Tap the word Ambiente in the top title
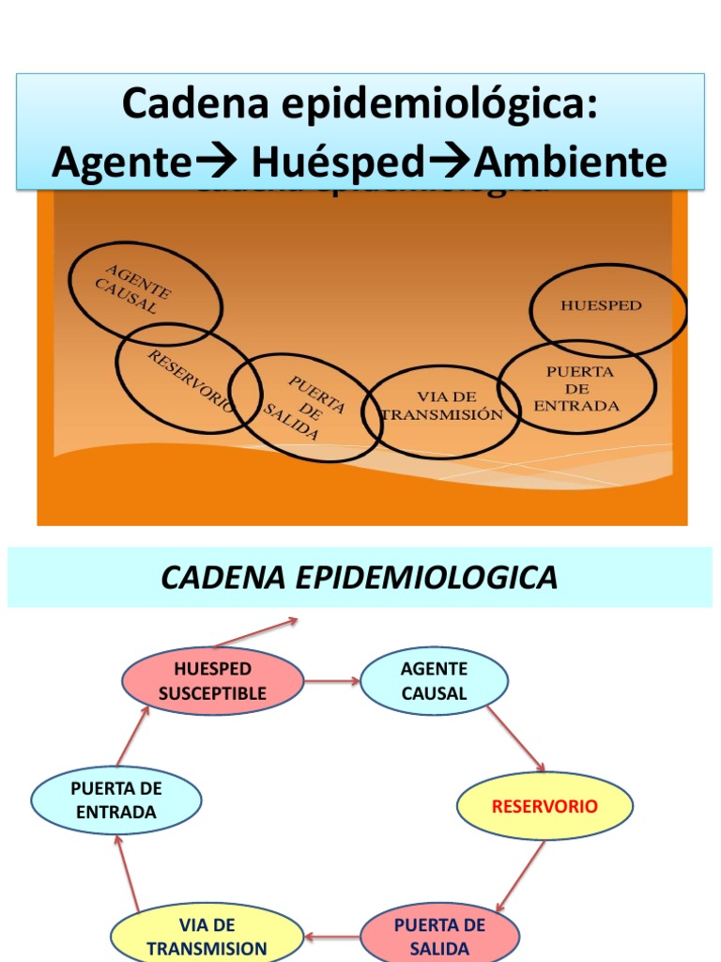[571, 163]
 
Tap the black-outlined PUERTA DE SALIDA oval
[305, 408]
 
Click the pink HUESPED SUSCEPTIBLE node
[212, 681]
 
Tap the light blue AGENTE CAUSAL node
[434, 681]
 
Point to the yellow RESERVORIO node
[545, 806]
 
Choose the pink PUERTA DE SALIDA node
[439, 936]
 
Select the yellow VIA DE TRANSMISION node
[207, 938]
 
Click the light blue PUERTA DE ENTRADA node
[116, 799]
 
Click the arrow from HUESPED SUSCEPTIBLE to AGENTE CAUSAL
[332, 681]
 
